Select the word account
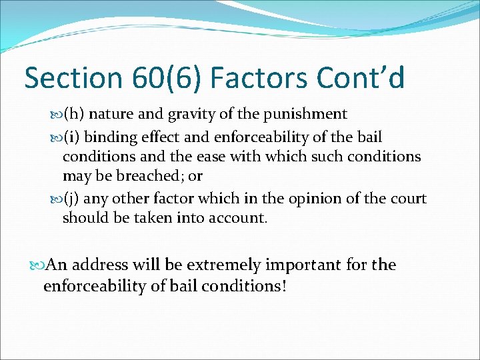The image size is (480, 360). (237, 218)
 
